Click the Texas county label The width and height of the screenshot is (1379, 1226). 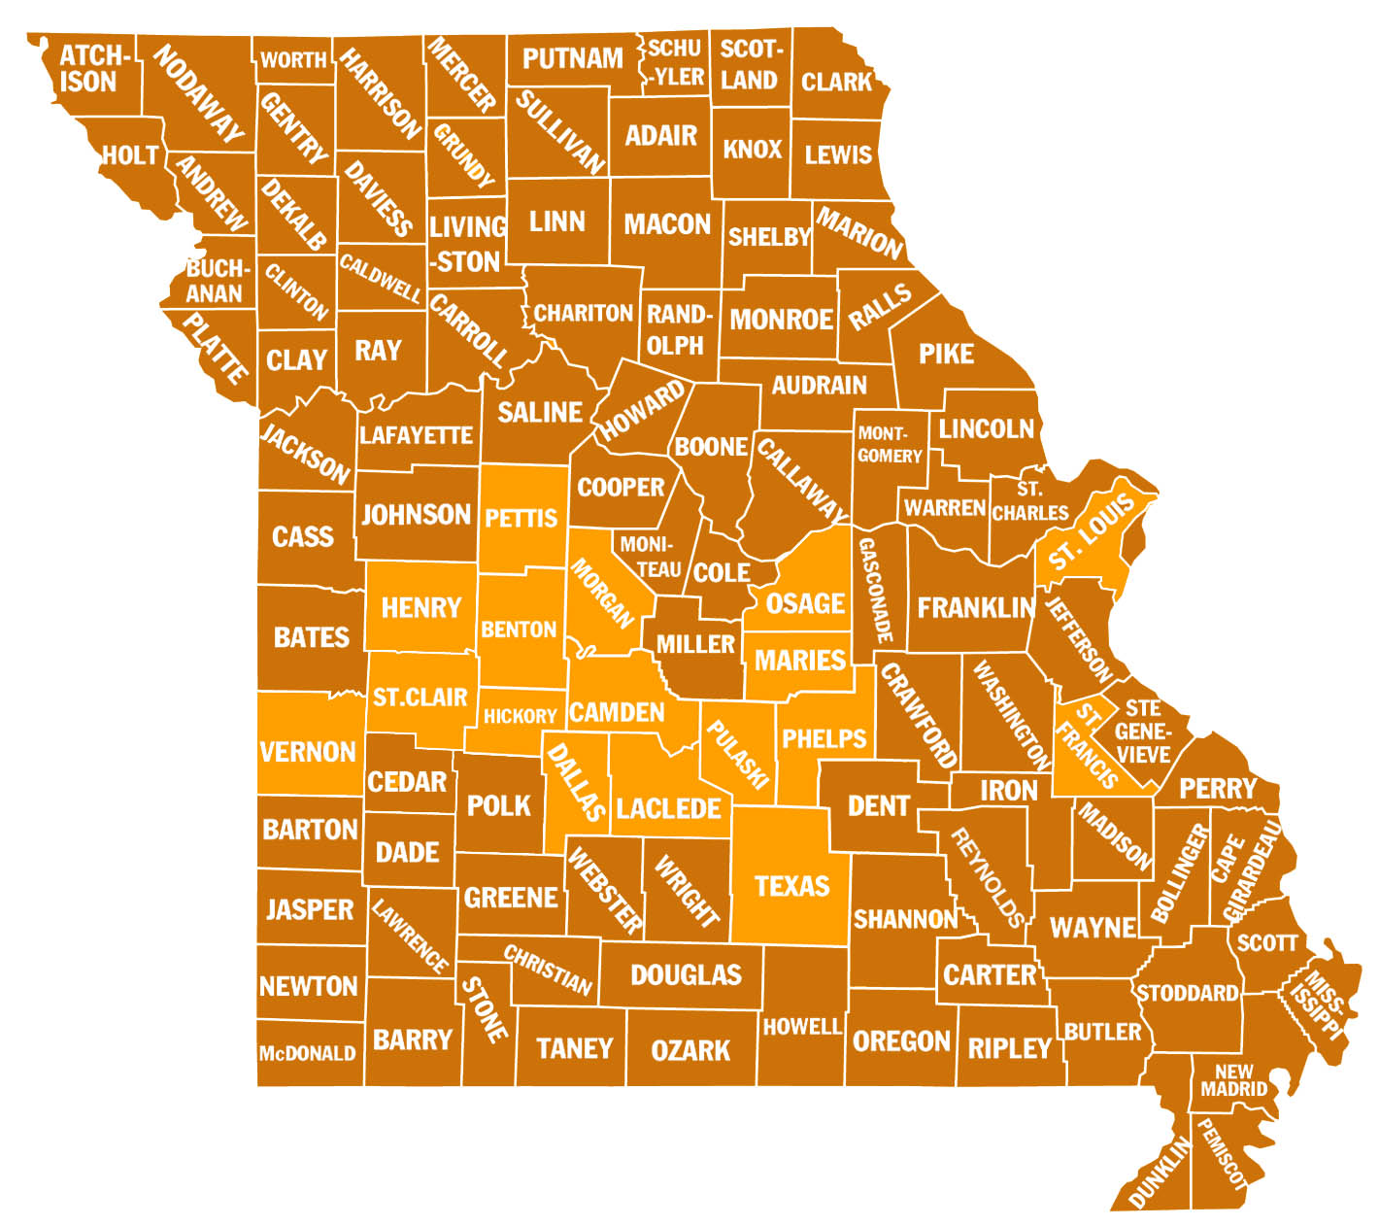point(791,886)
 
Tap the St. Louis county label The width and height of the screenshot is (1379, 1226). point(1091,533)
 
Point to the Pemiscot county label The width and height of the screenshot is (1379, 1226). point(1221,1154)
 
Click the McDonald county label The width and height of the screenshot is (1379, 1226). point(307,1053)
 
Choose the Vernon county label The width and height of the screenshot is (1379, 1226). point(308,752)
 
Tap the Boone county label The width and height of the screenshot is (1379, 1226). point(711,447)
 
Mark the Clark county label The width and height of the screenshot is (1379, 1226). point(836,82)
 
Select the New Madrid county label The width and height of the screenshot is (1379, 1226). point(1233,1080)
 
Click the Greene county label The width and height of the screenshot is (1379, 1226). point(511,898)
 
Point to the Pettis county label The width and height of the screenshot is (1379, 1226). point(521,518)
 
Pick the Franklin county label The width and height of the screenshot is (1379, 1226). point(975,608)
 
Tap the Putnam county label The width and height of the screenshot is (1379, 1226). point(572,59)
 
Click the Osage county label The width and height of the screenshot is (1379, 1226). point(805,604)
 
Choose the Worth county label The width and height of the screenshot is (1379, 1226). point(293,60)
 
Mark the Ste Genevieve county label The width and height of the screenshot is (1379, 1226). point(1143,732)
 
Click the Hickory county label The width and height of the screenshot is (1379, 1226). point(520,717)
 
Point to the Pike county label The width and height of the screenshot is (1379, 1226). point(946,355)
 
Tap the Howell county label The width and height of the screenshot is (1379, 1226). point(801,1027)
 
